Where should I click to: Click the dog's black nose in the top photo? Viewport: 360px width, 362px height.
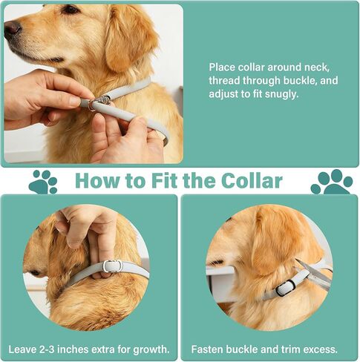coord(12,28)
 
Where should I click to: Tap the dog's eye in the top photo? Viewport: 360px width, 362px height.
coord(70,10)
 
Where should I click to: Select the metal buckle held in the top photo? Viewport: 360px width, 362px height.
coord(99,102)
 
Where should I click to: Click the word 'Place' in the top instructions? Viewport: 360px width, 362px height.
coord(222,68)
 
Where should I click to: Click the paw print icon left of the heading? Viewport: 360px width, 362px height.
coord(42,182)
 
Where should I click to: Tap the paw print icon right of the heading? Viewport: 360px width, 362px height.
coord(332,182)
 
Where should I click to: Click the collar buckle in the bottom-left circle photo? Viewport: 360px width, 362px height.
coord(113,266)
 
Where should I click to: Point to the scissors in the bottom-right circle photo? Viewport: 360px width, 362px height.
coord(314,272)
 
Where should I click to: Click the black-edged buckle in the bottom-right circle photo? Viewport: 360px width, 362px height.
coord(286,288)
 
